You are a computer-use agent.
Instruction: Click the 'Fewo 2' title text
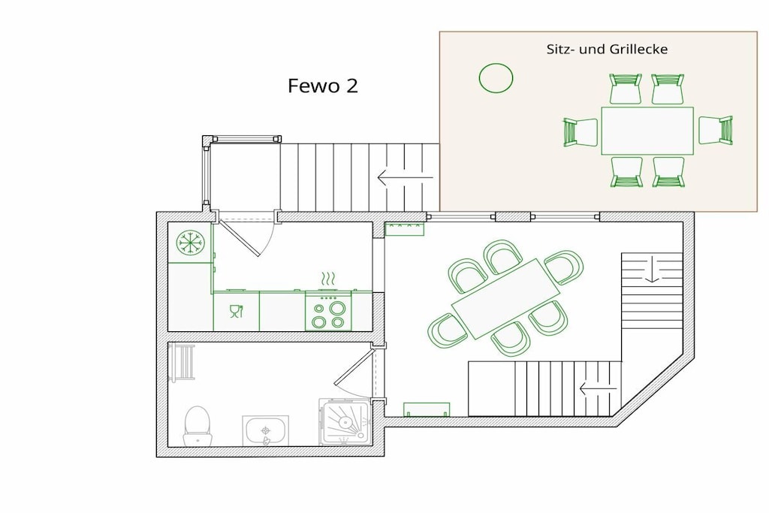tap(323, 86)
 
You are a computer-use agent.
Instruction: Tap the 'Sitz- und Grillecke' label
tap(607, 49)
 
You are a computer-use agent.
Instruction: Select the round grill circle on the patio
tap(496, 78)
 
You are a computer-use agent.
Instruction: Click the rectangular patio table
tap(647, 131)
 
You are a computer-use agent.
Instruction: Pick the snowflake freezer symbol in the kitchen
tap(191, 243)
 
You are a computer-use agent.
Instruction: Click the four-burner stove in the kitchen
tap(329, 311)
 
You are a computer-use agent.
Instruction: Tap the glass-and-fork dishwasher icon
tap(237, 312)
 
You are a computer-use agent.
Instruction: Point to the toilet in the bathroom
tap(198, 426)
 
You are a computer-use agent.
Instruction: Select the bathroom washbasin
tap(265, 431)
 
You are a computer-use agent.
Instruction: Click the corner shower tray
tap(345, 422)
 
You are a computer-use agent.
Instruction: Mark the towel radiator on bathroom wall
tap(182, 362)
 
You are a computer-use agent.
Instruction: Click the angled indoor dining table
tap(505, 298)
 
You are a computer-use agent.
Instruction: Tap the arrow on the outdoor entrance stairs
tap(405, 177)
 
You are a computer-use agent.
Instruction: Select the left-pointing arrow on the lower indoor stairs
tap(598, 389)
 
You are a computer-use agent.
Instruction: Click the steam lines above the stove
tap(328, 279)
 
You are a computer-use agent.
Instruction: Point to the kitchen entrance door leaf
tap(239, 238)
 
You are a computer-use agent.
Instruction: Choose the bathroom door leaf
tap(354, 367)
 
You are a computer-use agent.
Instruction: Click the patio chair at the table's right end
tap(716, 130)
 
